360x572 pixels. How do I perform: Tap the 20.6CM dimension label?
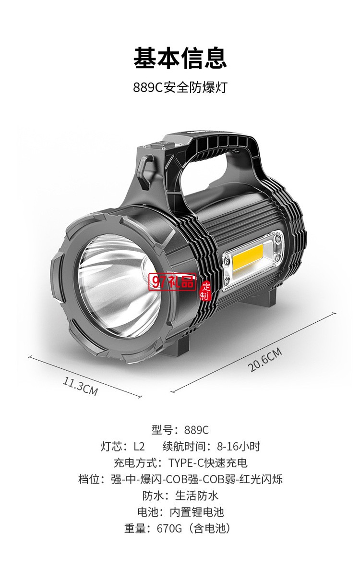pos(265,360)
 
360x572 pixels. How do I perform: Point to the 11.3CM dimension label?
pos(81,386)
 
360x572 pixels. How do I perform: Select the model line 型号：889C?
pos(180,430)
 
